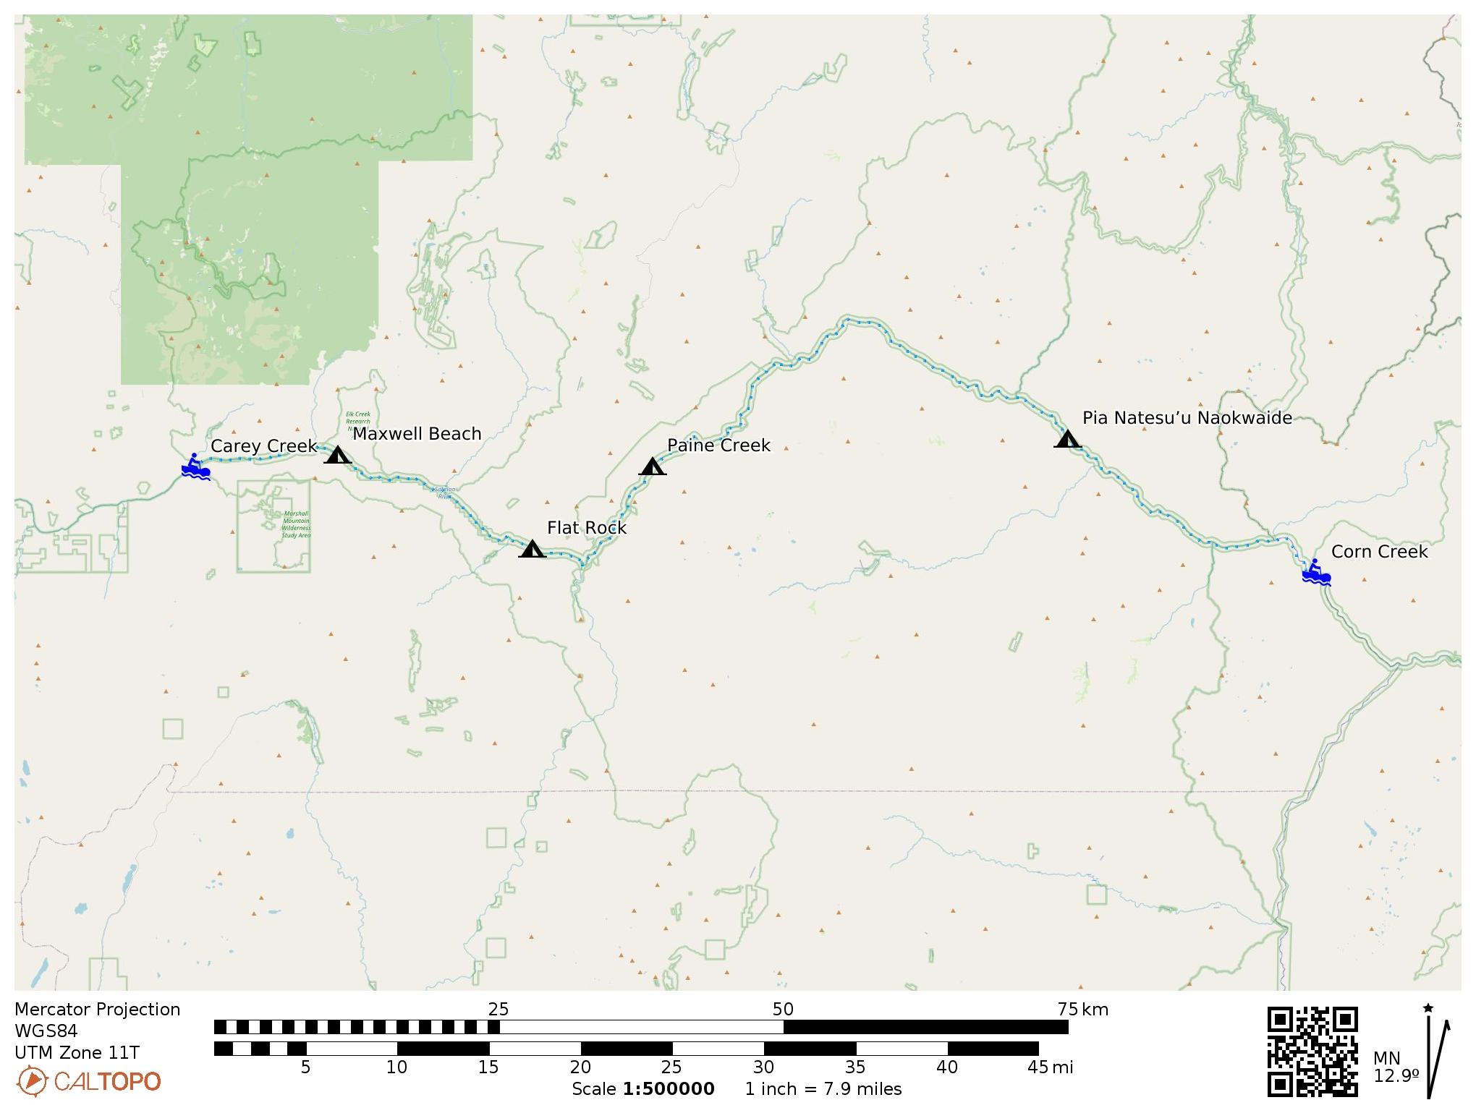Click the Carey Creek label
[263, 446]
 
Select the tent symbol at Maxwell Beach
[337, 455]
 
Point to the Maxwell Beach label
[417, 434]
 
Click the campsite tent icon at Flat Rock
[533, 549]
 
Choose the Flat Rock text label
[586, 528]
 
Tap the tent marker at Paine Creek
[652, 466]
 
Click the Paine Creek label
[718, 445]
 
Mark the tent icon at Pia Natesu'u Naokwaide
[1067, 439]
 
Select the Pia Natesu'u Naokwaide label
[1187, 418]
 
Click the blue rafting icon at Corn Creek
[1315, 572]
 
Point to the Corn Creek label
[1379, 552]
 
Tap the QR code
[1312, 1052]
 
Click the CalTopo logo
[88, 1082]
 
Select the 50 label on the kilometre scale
[783, 1010]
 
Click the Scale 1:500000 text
[642, 1089]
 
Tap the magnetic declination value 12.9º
[1396, 1076]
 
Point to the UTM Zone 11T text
[77, 1053]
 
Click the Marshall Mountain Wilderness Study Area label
[296, 525]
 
